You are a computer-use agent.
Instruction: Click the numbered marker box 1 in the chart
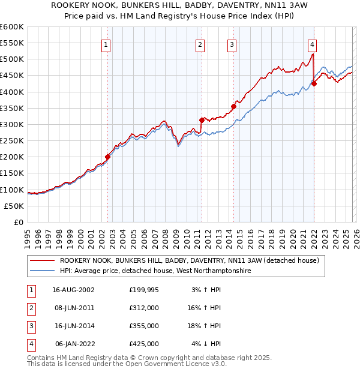[x=106, y=44]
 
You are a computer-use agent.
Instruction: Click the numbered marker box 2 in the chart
[x=200, y=44]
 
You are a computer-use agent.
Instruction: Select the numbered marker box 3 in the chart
[x=232, y=44]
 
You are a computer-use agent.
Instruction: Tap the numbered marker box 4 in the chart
[x=313, y=44]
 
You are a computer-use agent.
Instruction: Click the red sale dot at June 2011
[x=201, y=120]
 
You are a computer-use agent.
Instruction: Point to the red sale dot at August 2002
[x=108, y=157]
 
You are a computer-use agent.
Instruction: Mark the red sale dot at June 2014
[x=233, y=106]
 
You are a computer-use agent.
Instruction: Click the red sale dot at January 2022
[x=314, y=83]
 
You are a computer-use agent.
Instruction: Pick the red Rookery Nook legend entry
[x=192, y=260]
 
